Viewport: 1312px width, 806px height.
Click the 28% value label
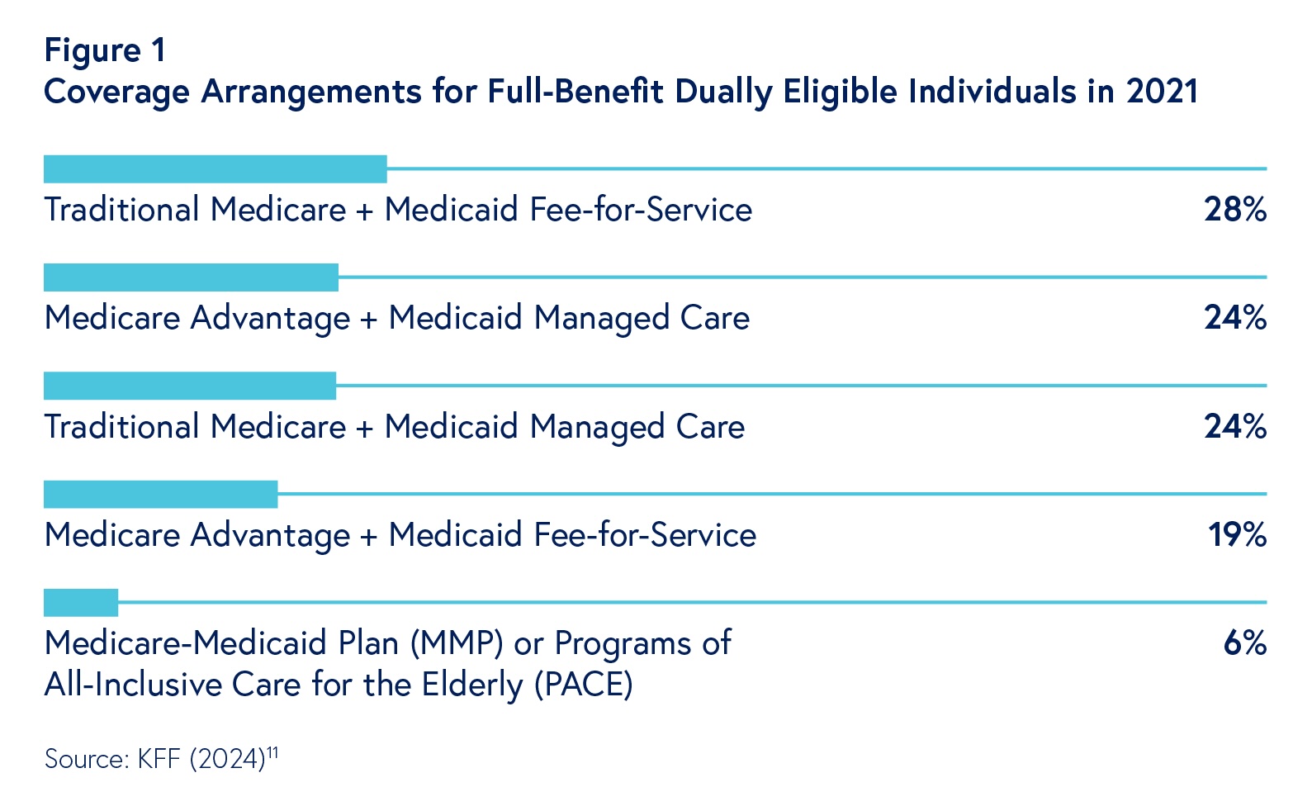(1234, 210)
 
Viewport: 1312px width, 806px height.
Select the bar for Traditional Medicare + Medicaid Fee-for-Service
(215, 169)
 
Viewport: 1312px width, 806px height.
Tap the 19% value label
(1237, 535)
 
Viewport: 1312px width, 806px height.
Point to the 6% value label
(1244, 643)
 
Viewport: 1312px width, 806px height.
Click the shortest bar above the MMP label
(81, 603)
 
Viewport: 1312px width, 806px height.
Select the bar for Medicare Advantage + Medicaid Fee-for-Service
(160, 495)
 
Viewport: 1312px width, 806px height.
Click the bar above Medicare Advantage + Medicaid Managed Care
(191, 277)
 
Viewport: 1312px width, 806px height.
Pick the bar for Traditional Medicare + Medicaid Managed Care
(190, 386)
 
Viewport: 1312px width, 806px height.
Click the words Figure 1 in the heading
(105, 50)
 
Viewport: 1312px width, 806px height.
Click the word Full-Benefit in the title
(575, 91)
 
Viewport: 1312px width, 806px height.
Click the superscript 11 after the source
(272, 751)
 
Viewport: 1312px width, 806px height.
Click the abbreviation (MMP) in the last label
(457, 643)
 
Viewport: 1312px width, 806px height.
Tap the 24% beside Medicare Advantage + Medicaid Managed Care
(1234, 318)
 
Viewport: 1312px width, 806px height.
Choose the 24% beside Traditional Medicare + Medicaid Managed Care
(1234, 427)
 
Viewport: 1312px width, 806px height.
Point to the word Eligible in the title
(840, 91)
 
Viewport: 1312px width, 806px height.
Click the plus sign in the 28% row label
(365, 211)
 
